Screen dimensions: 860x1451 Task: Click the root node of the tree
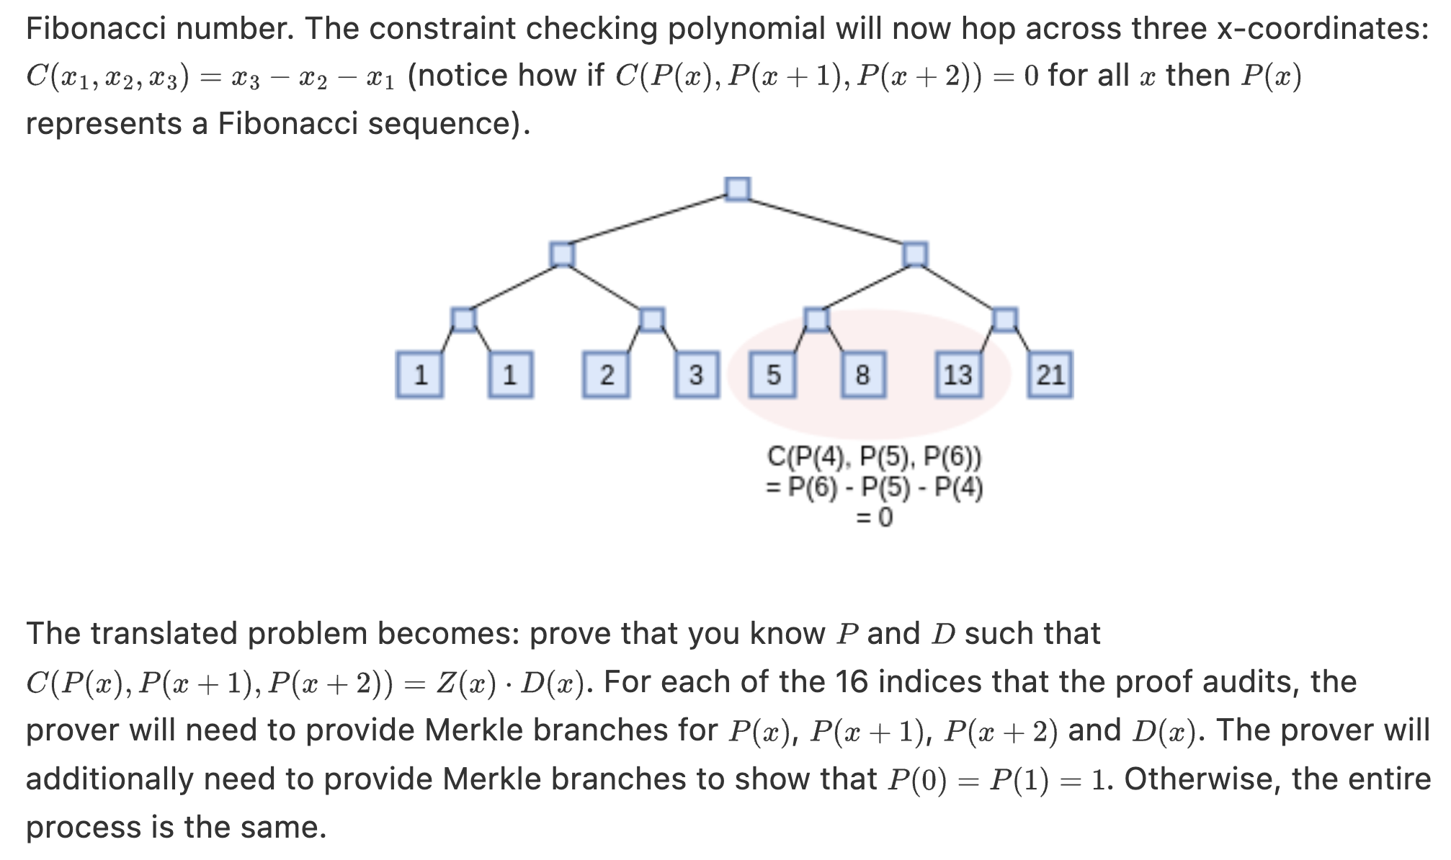pos(737,189)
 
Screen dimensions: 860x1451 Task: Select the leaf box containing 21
pos(1050,375)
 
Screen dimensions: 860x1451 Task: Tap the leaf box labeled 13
pos(957,375)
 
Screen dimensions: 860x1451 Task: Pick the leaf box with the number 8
pos(863,375)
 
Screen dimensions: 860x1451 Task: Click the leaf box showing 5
pos(772,375)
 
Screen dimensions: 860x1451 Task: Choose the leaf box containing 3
pos(696,375)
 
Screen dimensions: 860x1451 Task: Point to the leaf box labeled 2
pos(606,375)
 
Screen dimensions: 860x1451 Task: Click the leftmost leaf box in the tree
pos(420,375)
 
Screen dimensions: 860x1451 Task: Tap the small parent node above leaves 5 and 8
pos(816,319)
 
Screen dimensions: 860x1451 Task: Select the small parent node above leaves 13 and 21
pos(1004,319)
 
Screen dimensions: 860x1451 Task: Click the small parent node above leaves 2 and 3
pos(651,319)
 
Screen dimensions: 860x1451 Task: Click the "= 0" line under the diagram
pos(874,517)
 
